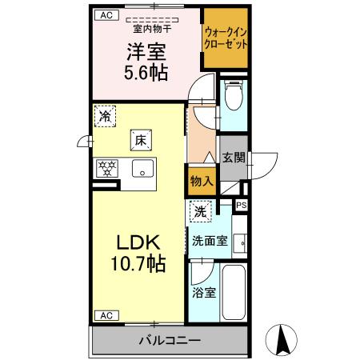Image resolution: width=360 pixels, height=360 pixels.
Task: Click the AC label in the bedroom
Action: click(x=104, y=15)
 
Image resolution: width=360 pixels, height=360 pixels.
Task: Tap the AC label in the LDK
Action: click(x=104, y=314)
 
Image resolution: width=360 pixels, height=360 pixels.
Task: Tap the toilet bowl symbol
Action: click(x=233, y=98)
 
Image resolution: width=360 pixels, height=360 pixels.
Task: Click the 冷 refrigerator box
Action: click(x=105, y=117)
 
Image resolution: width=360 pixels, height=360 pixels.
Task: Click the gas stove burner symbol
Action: click(x=106, y=169)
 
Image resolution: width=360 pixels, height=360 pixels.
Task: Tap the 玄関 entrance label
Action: click(x=233, y=158)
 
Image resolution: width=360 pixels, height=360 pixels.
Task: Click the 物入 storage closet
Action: click(x=201, y=182)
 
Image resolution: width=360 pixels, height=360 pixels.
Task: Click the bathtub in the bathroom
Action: click(x=234, y=294)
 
